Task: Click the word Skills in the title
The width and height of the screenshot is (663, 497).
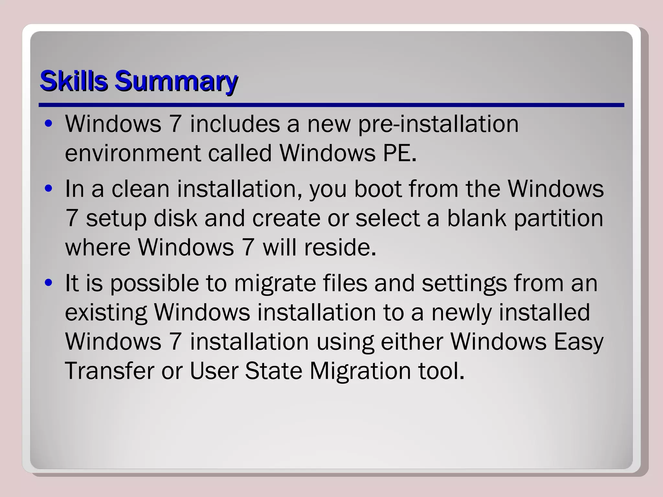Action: pyautogui.click(x=73, y=81)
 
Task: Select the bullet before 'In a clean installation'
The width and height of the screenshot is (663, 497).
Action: pyautogui.click(x=49, y=189)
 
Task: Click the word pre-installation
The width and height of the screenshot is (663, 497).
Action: pyautogui.click(x=438, y=125)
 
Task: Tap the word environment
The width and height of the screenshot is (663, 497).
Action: pyautogui.click(x=132, y=153)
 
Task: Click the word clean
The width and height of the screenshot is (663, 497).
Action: pyautogui.click(x=140, y=189)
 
